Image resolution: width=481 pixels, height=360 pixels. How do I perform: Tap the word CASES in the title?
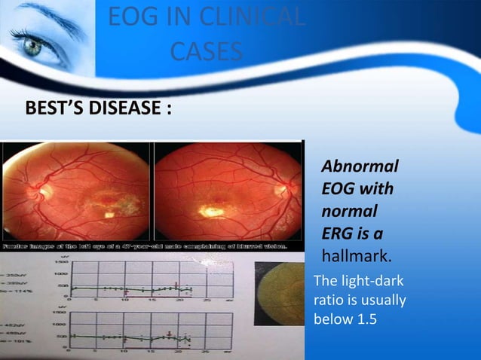[x=206, y=51]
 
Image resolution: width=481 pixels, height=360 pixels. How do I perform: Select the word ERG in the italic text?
[x=339, y=231]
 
